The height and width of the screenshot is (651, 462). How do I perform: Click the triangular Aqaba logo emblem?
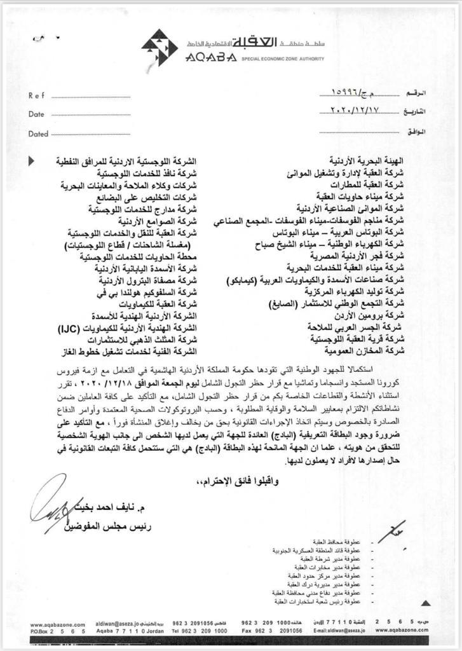coord(160,47)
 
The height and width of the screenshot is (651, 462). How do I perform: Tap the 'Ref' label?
coord(36,95)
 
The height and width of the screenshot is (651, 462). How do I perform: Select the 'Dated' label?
coord(38,134)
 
